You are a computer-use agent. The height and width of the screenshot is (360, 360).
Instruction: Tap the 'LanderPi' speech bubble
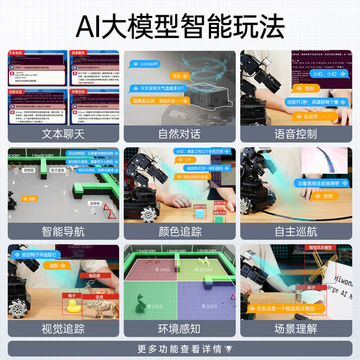pyautogui.click(x=149, y=64)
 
